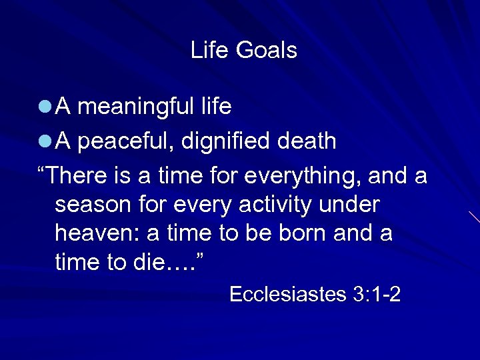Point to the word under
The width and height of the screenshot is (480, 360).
[349, 205]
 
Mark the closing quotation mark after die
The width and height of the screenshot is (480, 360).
[203, 256]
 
